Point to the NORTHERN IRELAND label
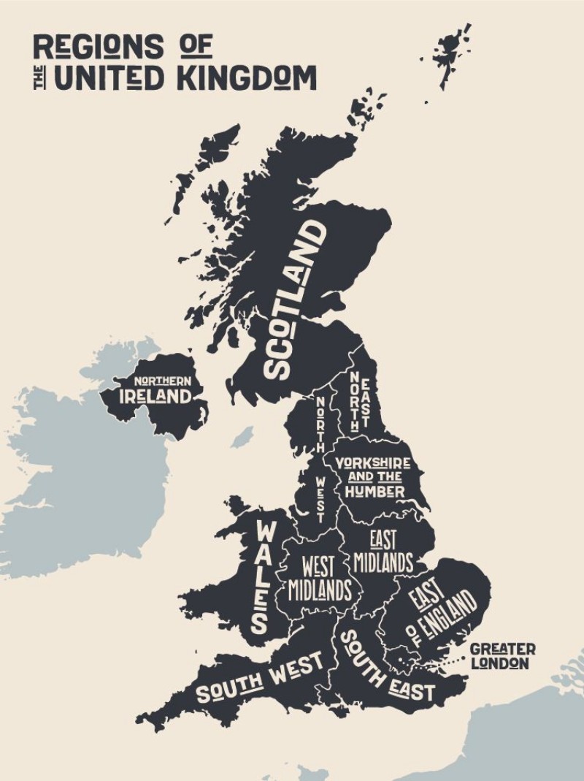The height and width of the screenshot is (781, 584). coord(155,391)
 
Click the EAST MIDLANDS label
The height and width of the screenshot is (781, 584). coord(383,552)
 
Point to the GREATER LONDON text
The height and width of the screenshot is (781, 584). coord(502,656)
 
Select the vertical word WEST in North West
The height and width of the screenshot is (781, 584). coord(320,498)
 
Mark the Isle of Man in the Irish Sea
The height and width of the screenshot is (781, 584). coord(241,438)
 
